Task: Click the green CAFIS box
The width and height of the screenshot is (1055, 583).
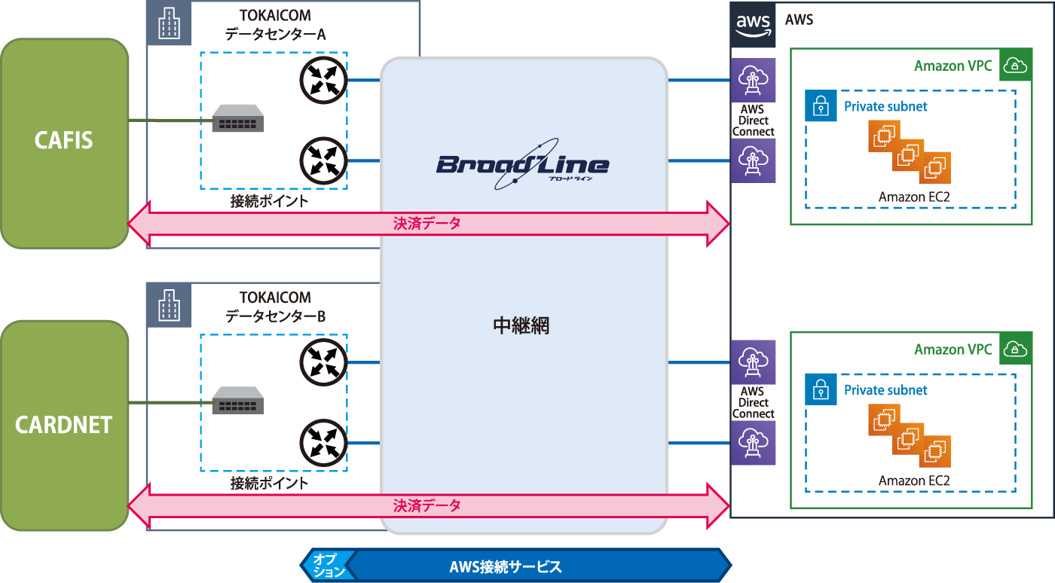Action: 64,142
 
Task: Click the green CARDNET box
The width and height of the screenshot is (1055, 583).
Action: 64,425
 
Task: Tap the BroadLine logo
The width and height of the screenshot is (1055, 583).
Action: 521,163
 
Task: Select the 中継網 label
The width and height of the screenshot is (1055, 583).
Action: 521,325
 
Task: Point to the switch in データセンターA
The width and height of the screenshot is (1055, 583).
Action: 237,119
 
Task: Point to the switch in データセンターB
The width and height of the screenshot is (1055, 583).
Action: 237,401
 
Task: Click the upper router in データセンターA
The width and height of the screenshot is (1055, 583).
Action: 323,79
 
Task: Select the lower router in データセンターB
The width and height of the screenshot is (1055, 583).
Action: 323,443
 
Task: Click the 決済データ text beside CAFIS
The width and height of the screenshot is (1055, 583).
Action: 427,224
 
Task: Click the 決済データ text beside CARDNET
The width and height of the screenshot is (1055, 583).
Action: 427,505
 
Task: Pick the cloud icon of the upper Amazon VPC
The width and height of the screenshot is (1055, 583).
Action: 1016,66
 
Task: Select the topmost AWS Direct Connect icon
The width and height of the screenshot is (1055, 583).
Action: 753,79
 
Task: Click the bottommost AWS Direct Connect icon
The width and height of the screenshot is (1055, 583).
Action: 753,442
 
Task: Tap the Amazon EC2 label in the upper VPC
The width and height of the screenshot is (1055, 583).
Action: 914,197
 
